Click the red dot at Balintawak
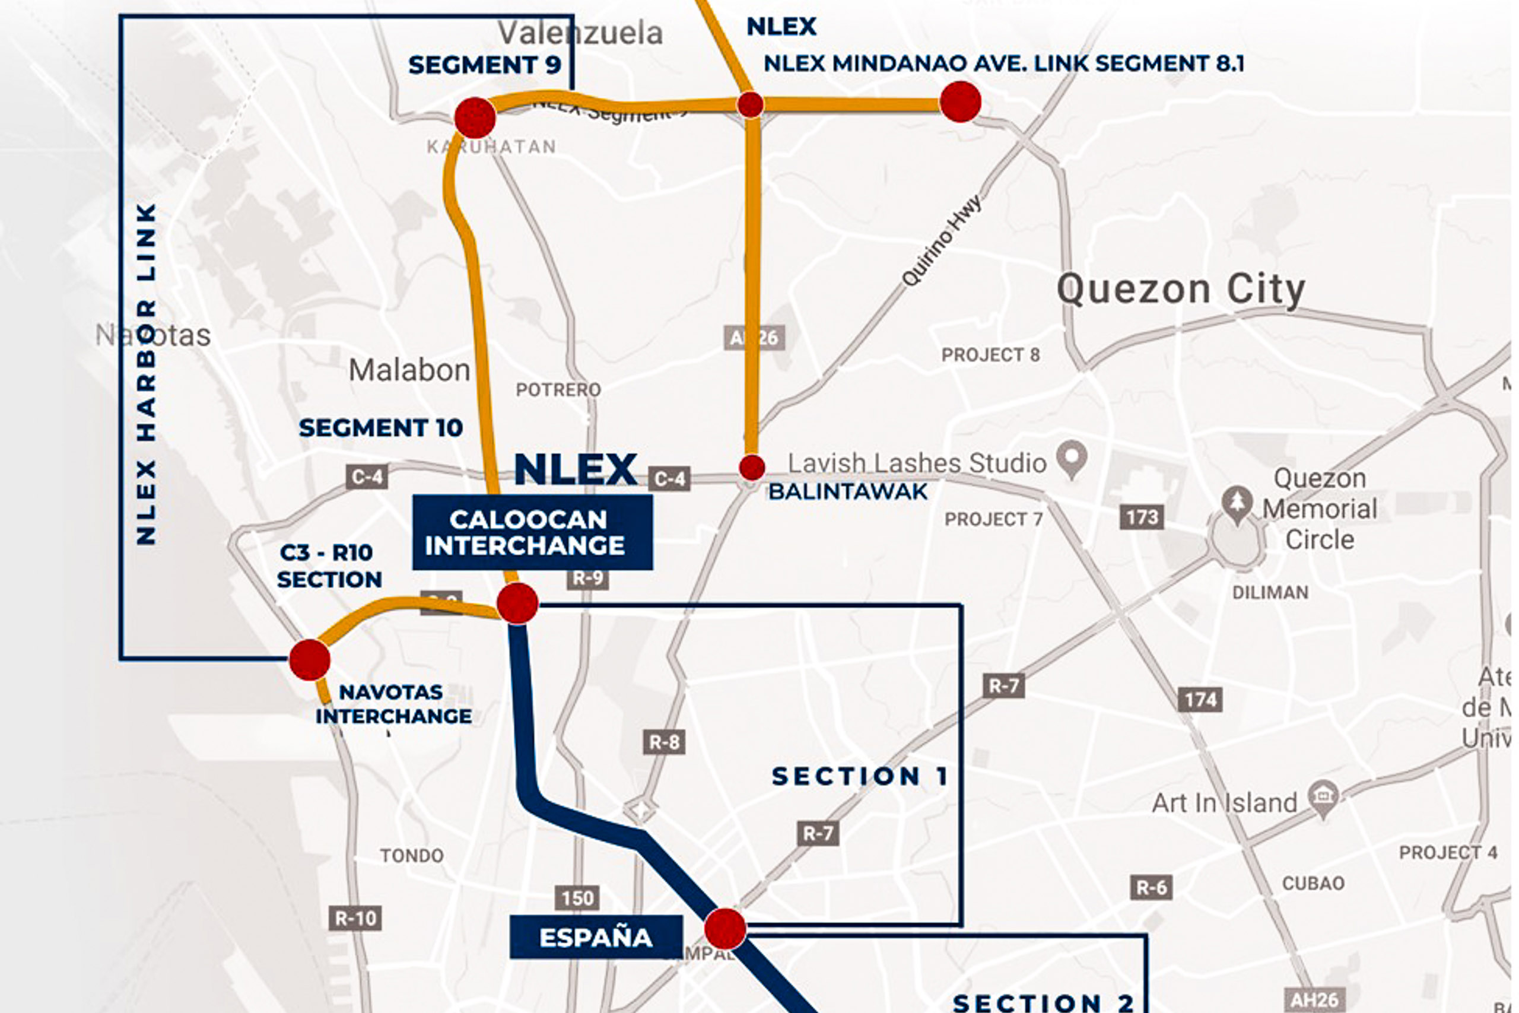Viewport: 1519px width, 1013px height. point(752,467)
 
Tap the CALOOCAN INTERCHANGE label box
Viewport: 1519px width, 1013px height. point(532,532)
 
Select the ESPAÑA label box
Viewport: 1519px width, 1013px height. point(596,938)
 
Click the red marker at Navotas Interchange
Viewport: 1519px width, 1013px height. point(309,660)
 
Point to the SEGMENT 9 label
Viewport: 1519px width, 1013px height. point(484,65)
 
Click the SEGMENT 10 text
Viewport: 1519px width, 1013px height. point(380,428)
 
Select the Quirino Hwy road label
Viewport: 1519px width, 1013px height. point(941,240)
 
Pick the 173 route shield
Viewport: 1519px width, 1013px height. point(1142,517)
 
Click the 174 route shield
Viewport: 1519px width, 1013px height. point(1200,699)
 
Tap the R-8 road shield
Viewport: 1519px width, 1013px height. point(664,742)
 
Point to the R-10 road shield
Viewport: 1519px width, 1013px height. point(355,918)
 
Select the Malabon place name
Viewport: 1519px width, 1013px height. point(409,370)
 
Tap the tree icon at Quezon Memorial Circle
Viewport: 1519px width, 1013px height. point(1237,503)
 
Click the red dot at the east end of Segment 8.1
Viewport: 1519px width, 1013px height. point(961,101)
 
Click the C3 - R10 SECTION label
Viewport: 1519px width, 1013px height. point(329,566)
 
